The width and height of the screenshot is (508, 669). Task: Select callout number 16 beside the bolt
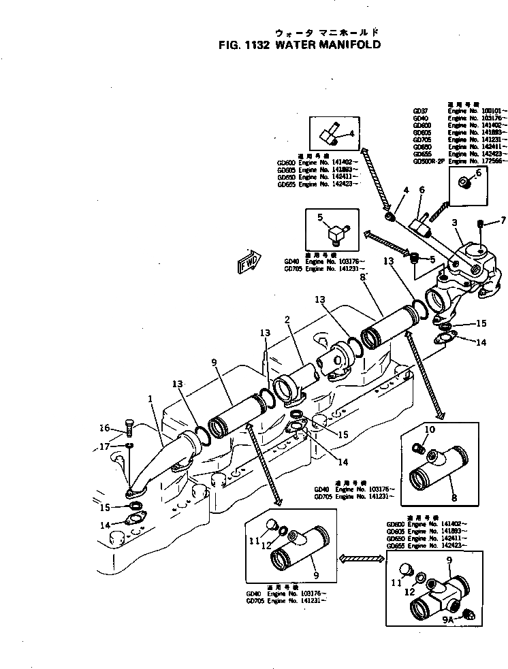[104, 428]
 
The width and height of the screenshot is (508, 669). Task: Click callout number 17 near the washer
[104, 446]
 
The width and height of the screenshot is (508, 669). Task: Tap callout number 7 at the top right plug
[503, 220]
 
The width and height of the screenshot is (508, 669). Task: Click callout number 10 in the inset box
[430, 429]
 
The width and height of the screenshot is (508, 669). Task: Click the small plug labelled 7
[482, 223]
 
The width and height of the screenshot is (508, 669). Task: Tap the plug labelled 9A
[467, 615]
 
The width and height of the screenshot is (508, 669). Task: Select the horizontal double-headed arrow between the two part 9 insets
[358, 558]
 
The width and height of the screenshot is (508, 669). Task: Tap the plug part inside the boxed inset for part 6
[464, 182]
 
